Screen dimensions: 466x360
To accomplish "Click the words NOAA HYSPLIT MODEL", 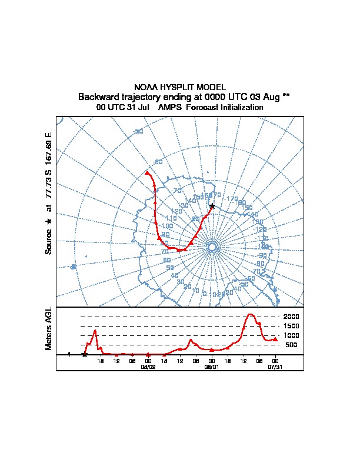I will click(x=180, y=87).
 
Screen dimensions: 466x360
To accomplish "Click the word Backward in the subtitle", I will click(x=98, y=96).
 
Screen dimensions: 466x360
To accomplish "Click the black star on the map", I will click(x=212, y=206).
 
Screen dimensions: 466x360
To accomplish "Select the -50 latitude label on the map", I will click(x=139, y=131).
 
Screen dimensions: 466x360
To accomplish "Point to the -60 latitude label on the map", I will click(x=157, y=162).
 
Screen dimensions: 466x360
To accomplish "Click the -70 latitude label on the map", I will click(x=177, y=191).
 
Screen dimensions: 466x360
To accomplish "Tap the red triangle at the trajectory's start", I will click(x=147, y=173).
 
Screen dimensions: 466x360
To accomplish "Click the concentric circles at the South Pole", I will click(x=212, y=248).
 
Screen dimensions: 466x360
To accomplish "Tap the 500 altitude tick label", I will click(x=292, y=345).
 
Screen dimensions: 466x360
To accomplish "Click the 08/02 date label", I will click(x=148, y=366).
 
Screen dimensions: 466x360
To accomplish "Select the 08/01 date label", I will click(x=211, y=366).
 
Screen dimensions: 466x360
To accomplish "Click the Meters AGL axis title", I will click(x=49, y=328).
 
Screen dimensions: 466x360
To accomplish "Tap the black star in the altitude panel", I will click(x=85, y=354).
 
